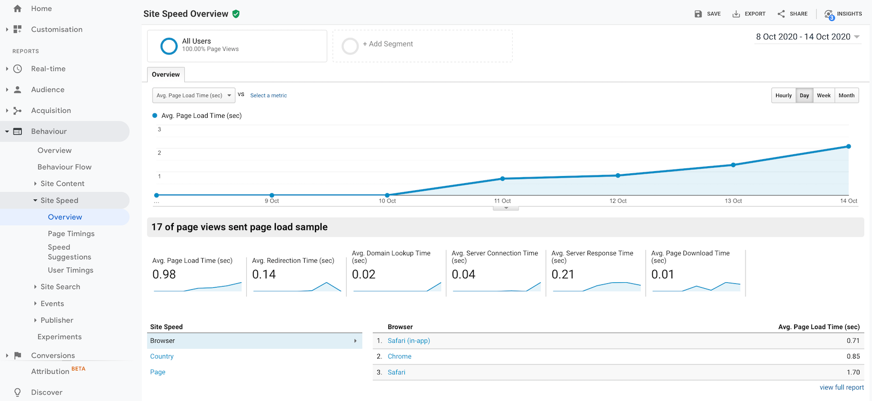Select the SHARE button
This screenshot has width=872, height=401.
click(792, 14)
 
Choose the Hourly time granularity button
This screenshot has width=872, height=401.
click(783, 95)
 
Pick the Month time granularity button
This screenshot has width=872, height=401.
click(846, 95)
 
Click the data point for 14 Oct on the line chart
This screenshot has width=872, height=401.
click(849, 147)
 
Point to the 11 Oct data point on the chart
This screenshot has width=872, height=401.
click(502, 179)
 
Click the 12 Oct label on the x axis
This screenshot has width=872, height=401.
click(617, 201)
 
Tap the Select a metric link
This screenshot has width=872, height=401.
click(268, 95)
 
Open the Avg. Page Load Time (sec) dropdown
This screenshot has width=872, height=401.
click(193, 95)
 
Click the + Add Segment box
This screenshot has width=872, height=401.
click(422, 45)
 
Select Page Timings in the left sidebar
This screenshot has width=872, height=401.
click(71, 234)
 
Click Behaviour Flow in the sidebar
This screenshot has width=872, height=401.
click(64, 167)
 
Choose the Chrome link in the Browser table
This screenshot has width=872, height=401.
click(399, 356)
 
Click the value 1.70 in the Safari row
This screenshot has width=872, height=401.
click(853, 373)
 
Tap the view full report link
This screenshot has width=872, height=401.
click(841, 387)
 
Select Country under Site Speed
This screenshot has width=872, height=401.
click(162, 356)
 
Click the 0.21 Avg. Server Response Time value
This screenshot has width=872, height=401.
click(563, 275)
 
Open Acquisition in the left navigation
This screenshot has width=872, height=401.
click(51, 111)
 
